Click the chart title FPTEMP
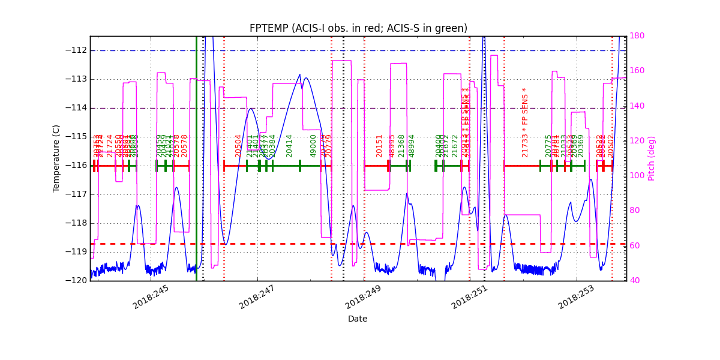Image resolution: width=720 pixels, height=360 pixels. (x=358, y=28)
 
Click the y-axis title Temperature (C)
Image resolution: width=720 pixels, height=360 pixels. (x=56, y=158)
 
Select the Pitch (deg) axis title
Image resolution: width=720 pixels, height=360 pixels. (x=652, y=158)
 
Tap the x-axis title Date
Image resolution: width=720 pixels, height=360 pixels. (x=358, y=319)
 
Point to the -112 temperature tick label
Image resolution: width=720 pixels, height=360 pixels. (x=76, y=50)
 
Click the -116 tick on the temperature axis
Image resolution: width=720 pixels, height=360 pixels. (x=76, y=166)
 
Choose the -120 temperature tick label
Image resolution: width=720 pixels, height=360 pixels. (x=76, y=280)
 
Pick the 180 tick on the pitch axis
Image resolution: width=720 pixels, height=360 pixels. (x=637, y=36)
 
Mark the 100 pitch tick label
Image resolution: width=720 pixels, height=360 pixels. (x=637, y=176)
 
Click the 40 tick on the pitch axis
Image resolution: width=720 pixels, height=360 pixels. (x=635, y=280)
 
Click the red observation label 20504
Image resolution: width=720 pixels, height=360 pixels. (x=238, y=146)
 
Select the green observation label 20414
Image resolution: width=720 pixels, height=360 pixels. (x=289, y=146)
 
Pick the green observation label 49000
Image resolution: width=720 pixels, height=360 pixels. (x=313, y=146)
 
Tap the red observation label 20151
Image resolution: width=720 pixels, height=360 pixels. (x=379, y=146)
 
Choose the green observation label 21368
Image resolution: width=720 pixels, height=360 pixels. (x=401, y=146)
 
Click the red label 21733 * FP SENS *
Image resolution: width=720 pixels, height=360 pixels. (x=525, y=122)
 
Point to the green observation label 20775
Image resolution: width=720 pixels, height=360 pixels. (x=548, y=146)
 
